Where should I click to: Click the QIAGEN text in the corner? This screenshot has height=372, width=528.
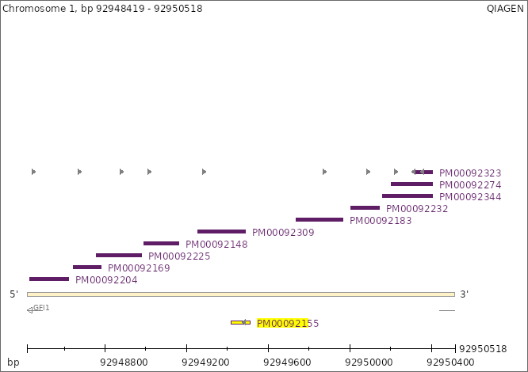505,9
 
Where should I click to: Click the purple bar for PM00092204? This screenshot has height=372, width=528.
49,279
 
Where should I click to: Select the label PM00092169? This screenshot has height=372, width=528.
139,268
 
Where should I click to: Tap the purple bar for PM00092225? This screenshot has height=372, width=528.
119,255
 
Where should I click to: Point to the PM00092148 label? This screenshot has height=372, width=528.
216,244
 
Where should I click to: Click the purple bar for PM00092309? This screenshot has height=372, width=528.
221,231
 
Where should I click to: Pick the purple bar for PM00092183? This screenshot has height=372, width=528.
319,219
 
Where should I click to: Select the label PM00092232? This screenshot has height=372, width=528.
417,209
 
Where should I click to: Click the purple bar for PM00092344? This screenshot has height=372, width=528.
407,195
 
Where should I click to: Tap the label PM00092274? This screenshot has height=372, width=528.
470,185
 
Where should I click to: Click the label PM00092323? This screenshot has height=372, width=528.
470,173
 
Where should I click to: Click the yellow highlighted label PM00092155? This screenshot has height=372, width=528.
288,323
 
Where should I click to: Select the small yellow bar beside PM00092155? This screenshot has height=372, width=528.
240,322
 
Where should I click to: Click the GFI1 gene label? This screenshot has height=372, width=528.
41,307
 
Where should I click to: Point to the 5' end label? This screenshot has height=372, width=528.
14,294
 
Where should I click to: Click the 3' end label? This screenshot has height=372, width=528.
465,294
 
